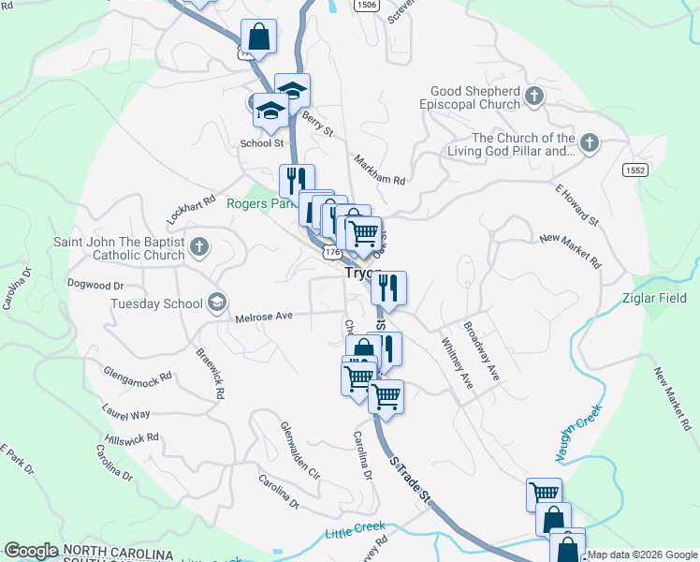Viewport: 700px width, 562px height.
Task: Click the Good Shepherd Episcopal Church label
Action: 474,97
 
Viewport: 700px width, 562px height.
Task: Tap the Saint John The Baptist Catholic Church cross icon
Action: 198,247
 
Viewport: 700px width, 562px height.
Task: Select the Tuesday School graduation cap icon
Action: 217,302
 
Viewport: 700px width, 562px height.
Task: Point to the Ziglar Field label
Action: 654,299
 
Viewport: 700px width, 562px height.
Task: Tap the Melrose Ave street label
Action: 265,317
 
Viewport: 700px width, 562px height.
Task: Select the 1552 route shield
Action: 634,169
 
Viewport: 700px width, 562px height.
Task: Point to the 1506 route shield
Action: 367,5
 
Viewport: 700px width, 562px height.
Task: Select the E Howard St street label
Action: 576,205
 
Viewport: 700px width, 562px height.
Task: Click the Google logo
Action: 31,551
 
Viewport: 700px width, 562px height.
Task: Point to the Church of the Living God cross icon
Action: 589,143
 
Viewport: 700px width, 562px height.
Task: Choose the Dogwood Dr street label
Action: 95,282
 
